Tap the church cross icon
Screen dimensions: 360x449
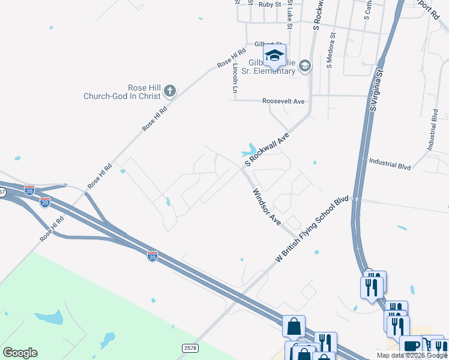coord(170,91)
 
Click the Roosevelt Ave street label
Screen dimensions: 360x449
coord(283,101)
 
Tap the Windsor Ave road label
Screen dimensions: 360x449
coord(267,207)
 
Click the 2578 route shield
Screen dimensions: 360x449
coord(190,347)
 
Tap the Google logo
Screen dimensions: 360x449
coord(20,353)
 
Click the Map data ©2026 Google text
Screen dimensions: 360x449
coord(411,355)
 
